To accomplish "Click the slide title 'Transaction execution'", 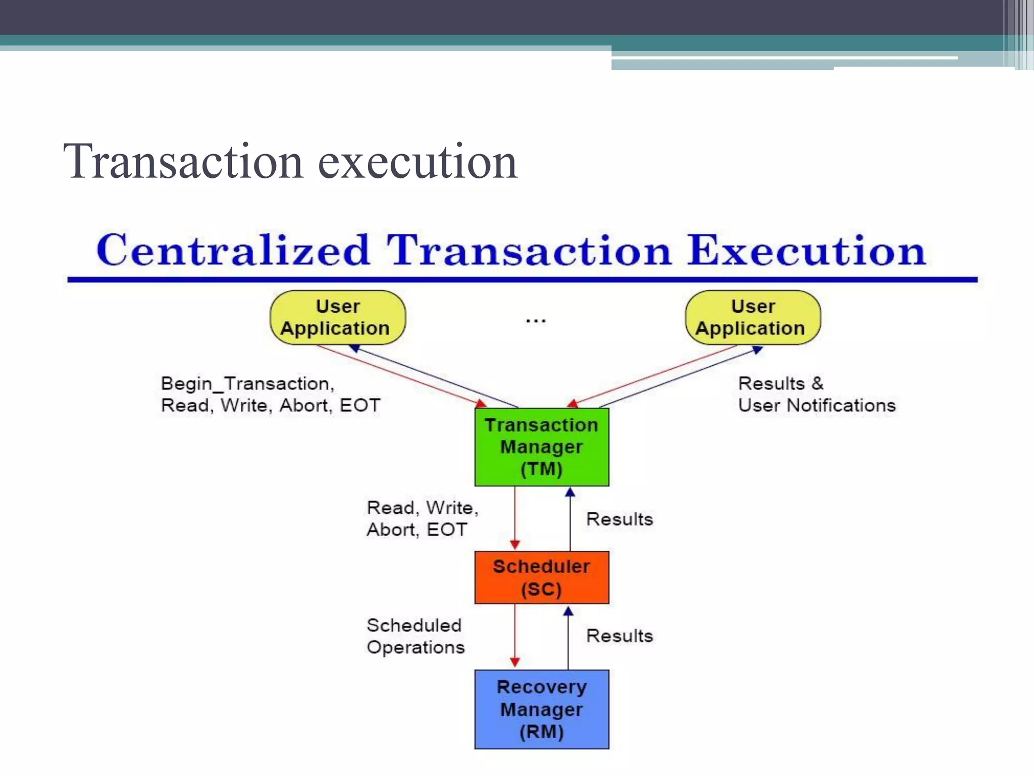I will (290, 162).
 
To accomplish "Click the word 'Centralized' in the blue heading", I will (233, 251).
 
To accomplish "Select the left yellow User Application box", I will (337, 317).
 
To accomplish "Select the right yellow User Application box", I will (752, 317).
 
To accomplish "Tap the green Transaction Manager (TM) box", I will (541, 447).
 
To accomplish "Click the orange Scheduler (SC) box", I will (541, 577).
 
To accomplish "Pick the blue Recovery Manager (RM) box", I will (541, 709).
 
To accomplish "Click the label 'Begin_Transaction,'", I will (247, 384).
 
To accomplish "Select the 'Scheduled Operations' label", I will (415, 636).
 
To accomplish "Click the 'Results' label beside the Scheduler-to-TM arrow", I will (619, 519).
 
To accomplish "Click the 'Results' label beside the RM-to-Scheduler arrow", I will (619, 636).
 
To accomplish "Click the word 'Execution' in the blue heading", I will (806, 251).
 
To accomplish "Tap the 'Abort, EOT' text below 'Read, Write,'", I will (417, 529).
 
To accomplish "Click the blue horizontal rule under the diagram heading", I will (522, 279).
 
